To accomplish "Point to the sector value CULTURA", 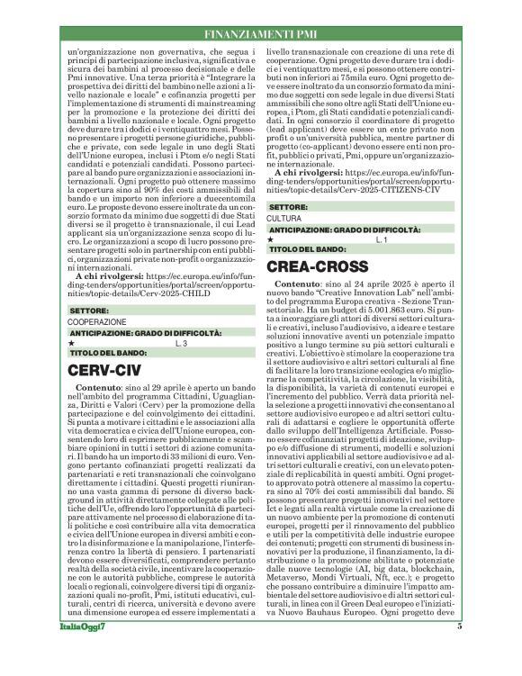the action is [x=284, y=219].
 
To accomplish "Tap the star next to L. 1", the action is [x=272, y=240].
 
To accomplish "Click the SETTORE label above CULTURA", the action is [x=288, y=207].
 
